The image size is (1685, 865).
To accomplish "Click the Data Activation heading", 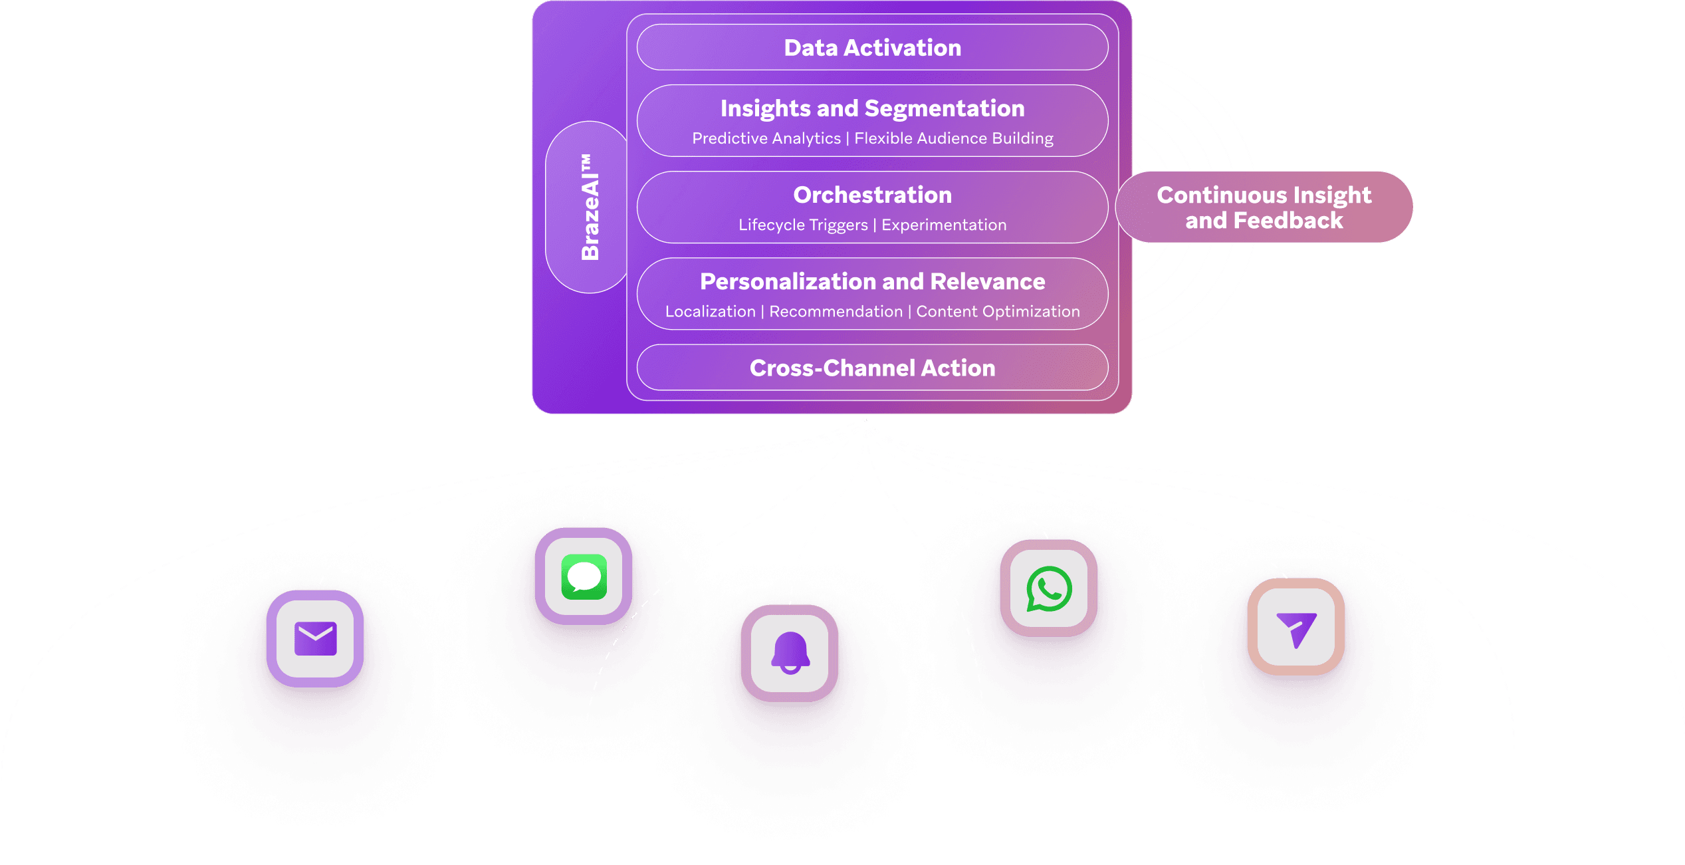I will click(x=872, y=48).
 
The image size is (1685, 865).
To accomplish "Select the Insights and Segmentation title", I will click(x=872, y=108).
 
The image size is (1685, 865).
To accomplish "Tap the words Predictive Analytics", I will click(x=766, y=138).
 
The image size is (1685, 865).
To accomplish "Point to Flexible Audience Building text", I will click(x=953, y=138).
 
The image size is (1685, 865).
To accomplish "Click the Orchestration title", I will click(x=872, y=195).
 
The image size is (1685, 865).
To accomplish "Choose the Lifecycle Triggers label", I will click(x=803, y=225).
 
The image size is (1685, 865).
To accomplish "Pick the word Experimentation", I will click(x=944, y=225).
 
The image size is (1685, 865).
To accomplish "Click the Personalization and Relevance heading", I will click(x=872, y=281).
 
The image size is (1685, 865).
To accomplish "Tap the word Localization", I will click(x=710, y=311).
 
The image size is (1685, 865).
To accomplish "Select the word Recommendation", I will click(x=836, y=311).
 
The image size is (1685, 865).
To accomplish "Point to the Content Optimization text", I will click(x=998, y=311).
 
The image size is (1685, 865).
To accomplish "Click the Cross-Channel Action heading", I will click(x=872, y=368).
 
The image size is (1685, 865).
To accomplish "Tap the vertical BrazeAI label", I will click(x=590, y=207).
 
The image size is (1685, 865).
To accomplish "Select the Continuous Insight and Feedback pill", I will click(x=1264, y=207).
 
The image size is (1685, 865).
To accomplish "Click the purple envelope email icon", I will click(x=315, y=638).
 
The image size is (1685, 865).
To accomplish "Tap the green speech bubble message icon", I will click(x=584, y=576).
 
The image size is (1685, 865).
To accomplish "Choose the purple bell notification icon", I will click(x=790, y=653).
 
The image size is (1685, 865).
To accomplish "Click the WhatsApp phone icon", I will click(x=1048, y=588).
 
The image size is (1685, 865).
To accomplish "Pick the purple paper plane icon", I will click(x=1295, y=627).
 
